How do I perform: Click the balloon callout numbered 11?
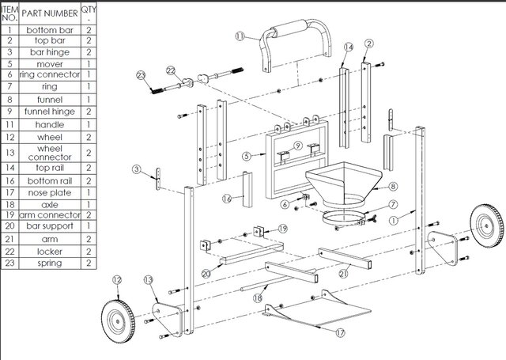[240, 35]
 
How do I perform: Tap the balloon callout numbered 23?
[141, 75]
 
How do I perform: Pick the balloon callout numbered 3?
[137, 169]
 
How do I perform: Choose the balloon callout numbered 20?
[206, 273]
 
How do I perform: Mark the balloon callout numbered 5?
[247, 157]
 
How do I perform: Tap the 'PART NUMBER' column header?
[49, 13]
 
